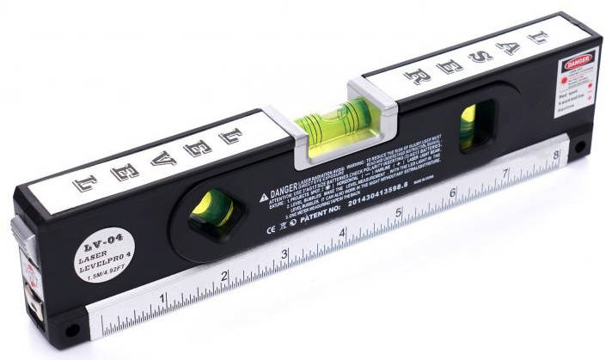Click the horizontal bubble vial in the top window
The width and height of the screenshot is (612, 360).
(x=330, y=119)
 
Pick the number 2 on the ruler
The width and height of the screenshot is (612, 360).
(x=223, y=276)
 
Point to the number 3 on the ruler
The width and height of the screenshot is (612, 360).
(x=284, y=254)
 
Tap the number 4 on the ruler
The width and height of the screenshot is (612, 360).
(x=342, y=233)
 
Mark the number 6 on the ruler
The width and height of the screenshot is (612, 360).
(x=453, y=193)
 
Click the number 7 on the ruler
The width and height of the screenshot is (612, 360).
(x=505, y=175)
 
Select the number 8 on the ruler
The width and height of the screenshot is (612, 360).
(x=556, y=156)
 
